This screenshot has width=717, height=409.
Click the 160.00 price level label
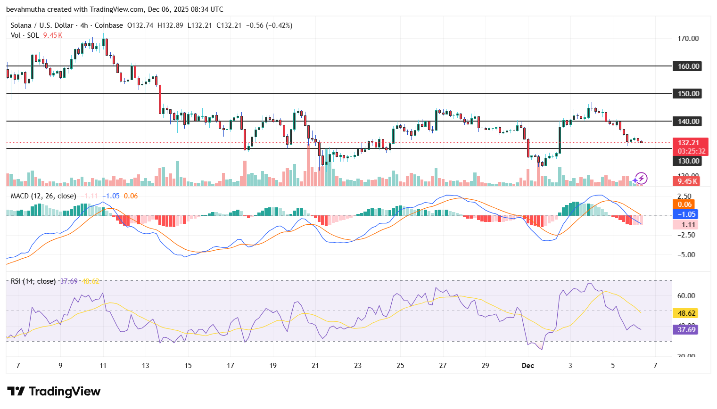pos(688,66)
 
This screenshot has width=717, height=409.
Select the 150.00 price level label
pos(688,94)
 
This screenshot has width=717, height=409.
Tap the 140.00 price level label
pos(688,122)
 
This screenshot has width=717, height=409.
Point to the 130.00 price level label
pos(688,161)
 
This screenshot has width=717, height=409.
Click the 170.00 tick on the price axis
pos(688,39)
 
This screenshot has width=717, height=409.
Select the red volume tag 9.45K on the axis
pos(687,181)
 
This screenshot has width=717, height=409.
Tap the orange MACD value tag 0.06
pos(684,204)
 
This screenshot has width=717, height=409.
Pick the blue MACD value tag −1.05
pos(686,214)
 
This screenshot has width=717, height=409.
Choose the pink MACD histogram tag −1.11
pos(686,225)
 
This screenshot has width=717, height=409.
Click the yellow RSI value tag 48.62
pos(686,313)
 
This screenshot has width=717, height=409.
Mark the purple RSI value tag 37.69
pos(686,330)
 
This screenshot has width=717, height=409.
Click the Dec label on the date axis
pos(528,366)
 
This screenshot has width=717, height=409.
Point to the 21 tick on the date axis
pos(315,366)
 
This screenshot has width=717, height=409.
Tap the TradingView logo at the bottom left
pos(54,392)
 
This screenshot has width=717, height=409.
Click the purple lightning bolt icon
pos(640,179)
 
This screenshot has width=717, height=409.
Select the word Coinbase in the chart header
pos(109,25)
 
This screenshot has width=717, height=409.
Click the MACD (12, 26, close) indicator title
pos(43,196)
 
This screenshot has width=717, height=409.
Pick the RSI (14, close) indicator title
pos(33,281)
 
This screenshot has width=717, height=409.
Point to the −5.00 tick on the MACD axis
pos(686,255)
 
